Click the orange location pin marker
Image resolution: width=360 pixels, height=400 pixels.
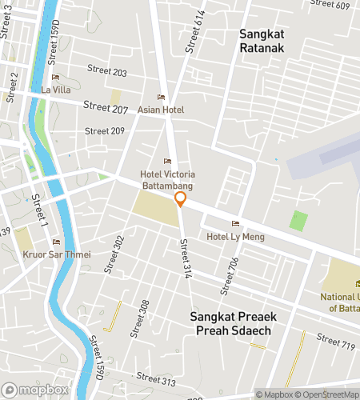pos(181,200)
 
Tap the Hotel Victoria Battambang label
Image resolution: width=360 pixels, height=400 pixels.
pos(168,179)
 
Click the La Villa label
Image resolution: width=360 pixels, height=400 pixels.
pos(55,90)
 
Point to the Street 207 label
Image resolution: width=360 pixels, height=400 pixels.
pos(106,106)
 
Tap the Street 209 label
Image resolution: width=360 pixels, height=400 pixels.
pos(105,131)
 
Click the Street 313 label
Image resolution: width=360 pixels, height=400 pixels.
pos(156,382)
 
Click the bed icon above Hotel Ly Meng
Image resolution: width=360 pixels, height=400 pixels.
pos(234,223)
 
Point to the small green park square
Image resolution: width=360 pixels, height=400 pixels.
pos(298,221)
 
